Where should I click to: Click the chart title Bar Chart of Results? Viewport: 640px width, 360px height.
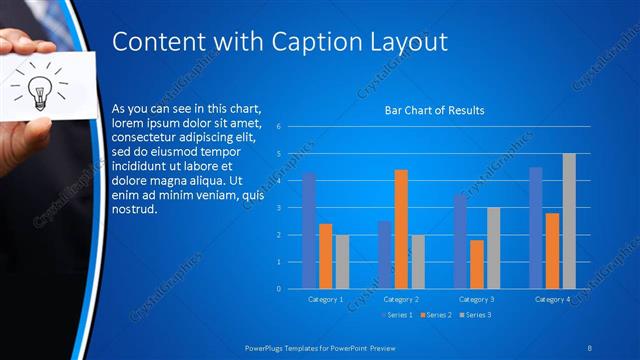[x=434, y=110]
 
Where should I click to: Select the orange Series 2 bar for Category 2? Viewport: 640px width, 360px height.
[x=401, y=229]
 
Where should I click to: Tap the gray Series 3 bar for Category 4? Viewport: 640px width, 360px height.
[x=569, y=221]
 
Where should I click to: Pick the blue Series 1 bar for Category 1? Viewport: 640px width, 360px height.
[x=309, y=230]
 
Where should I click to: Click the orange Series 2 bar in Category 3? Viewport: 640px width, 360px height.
[x=477, y=264]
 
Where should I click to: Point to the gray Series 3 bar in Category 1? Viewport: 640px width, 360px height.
[x=342, y=261]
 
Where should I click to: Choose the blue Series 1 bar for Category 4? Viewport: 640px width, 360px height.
[x=536, y=228]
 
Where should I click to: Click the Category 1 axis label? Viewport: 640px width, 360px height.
[x=326, y=299]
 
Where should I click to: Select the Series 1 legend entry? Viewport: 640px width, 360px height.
[x=397, y=315]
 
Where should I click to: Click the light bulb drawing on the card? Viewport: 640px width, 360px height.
[x=40, y=89]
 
